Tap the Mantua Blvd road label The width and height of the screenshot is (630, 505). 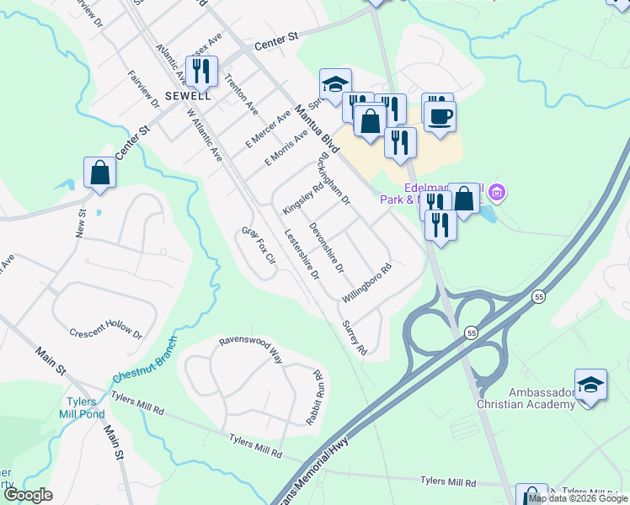[x=317, y=129]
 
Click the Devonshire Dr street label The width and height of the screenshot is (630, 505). [x=326, y=247]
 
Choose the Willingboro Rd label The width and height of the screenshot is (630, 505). [x=368, y=284]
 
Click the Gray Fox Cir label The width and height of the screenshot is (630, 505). [x=259, y=245]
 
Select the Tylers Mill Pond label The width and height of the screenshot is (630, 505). [x=83, y=407]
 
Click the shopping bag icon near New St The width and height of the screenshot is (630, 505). [x=100, y=173]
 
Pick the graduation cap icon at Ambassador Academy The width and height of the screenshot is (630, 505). [x=591, y=385]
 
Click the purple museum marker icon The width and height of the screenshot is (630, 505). [x=498, y=194]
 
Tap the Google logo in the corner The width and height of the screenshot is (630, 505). [x=28, y=495]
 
